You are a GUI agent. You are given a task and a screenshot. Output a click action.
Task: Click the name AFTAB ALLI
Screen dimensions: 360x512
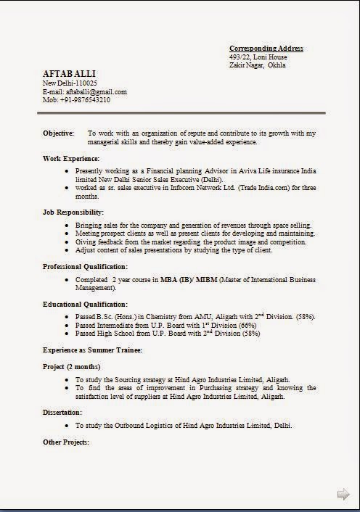[70, 74]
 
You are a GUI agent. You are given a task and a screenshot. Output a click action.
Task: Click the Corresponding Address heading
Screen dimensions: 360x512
[266, 49]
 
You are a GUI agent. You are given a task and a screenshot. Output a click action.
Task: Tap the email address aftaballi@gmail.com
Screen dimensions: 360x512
[97, 92]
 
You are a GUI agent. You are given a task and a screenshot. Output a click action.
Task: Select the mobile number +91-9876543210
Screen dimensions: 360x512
[86, 100]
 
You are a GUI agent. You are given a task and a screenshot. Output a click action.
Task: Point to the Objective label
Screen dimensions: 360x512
[59, 133]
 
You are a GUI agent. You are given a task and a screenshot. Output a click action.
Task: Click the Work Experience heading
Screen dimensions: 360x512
[71, 158]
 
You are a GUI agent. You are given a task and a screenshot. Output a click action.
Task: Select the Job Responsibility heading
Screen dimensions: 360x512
[73, 212]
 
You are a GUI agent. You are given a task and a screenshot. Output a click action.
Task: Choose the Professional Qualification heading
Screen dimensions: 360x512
[86, 267]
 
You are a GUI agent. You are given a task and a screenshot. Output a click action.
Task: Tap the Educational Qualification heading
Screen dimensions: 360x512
[85, 304]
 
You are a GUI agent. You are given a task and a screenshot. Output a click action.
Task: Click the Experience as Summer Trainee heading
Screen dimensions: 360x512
[92, 350]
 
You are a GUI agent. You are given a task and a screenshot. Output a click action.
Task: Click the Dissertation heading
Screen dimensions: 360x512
[62, 413]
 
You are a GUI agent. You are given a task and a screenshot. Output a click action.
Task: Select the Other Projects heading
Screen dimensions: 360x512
[66, 442]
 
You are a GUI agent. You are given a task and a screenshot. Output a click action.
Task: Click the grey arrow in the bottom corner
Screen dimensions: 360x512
[343, 495]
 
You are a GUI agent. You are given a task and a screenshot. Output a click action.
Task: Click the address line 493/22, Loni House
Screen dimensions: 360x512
[258, 57]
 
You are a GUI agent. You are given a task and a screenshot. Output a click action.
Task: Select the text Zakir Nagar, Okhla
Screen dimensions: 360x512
[258, 65]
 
